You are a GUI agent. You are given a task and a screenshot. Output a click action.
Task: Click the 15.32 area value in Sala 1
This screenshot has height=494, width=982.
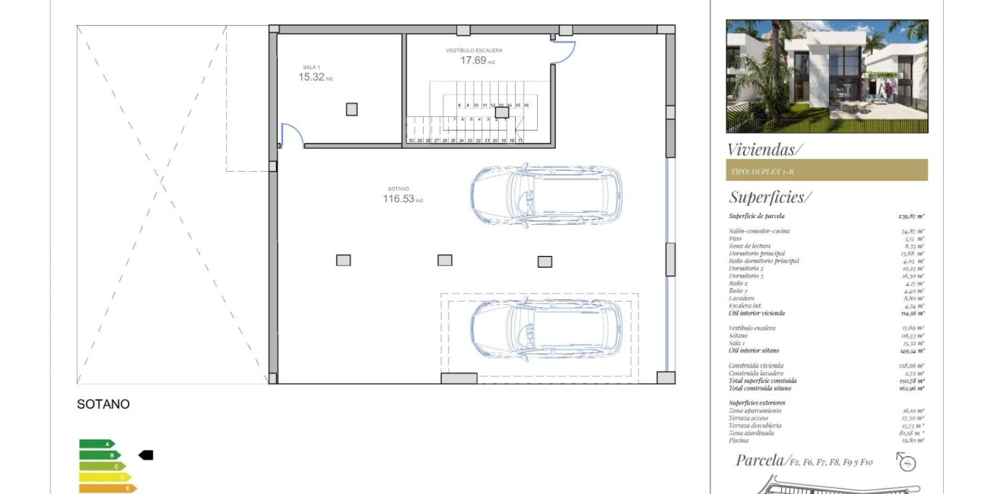coord(311,78)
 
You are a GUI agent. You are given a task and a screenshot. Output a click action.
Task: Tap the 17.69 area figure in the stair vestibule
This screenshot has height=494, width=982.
coord(472,61)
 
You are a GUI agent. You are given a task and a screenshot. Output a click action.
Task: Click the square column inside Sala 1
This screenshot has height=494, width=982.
coord(351,109)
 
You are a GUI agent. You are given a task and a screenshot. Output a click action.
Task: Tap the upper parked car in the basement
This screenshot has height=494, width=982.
coord(545,195)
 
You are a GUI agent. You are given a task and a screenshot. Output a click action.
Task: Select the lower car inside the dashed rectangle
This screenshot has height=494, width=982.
coord(545,328)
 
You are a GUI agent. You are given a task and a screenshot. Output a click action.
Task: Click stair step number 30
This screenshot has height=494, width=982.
coord(411,141)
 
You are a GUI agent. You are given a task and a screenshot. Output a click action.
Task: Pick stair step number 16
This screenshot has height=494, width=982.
coord(526,106)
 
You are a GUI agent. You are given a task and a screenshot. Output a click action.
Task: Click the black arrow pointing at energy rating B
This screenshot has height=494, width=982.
coord(145,454)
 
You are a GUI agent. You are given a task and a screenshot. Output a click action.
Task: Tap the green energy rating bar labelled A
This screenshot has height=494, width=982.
coord(97,444)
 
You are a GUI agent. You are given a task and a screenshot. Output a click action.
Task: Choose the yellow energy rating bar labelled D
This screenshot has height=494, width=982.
coord(105,477)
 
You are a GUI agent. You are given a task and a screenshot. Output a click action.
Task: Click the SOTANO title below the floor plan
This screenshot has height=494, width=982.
coord(103,405)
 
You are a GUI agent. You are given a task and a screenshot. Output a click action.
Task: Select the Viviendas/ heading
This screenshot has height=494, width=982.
coord(764,149)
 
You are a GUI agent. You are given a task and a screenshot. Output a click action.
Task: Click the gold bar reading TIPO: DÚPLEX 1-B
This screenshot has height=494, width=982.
coord(826,170)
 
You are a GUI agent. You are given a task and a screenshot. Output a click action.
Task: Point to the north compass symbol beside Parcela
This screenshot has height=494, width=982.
coord(905,461)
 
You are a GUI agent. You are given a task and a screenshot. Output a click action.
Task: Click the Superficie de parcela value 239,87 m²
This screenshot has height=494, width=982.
coord(910,217)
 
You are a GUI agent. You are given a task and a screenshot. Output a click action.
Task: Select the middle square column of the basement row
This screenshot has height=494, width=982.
coord(445,260)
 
